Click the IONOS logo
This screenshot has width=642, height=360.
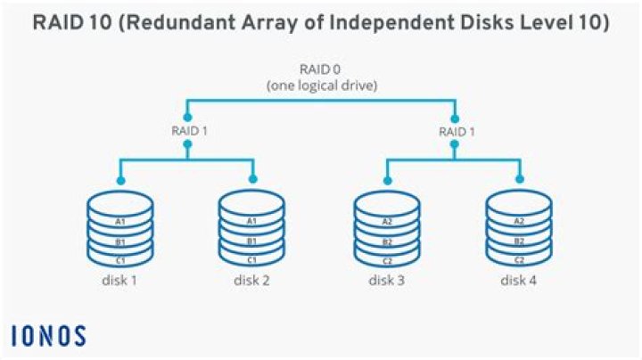pos(49,336)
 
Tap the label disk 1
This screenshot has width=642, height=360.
pos(119,282)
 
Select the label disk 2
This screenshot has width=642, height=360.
pos(251,282)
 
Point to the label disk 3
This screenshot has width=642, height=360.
pos(387,282)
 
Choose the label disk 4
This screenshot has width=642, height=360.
pos(519,282)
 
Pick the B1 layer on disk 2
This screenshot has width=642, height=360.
pos(251,241)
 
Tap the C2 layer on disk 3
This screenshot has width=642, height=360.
pos(387,259)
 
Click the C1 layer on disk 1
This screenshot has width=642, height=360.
pos(119,259)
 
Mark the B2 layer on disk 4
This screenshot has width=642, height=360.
pos(519,241)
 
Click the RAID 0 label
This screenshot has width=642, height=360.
pos(319,69)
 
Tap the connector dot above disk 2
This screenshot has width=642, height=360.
pos(252,179)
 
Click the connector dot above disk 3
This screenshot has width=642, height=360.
pos(387,179)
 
